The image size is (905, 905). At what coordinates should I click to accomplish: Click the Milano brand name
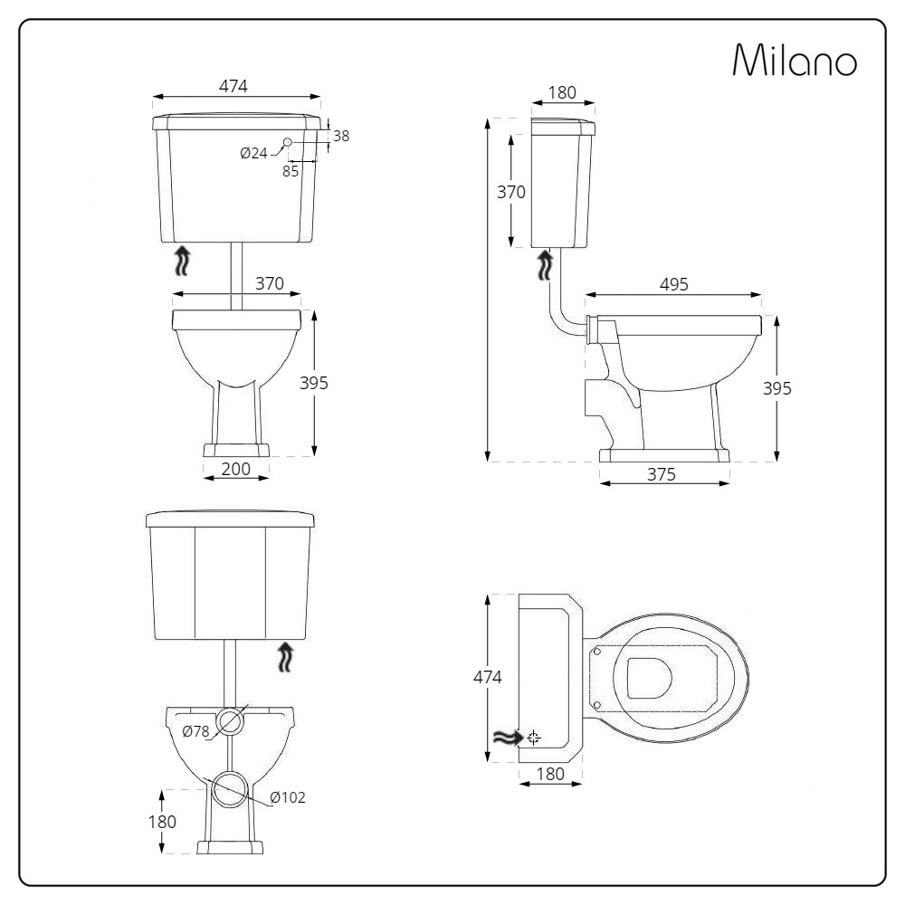click(x=795, y=60)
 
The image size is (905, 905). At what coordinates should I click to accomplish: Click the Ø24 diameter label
click(x=254, y=153)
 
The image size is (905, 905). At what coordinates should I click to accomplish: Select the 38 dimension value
click(x=341, y=136)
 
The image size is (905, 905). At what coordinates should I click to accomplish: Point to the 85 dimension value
click(x=291, y=171)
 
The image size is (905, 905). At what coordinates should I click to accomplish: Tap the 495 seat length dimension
click(x=673, y=284)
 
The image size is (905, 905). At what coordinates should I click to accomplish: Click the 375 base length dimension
click(x=661, y=474)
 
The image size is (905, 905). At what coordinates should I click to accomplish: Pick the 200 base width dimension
click(x=235, y=469)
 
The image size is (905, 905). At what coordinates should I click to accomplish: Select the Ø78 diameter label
click(x=195, y=731)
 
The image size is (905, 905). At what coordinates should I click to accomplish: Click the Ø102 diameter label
click(x=288, y=797)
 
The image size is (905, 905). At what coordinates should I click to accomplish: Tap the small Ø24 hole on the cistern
click(x=288, y=142)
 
